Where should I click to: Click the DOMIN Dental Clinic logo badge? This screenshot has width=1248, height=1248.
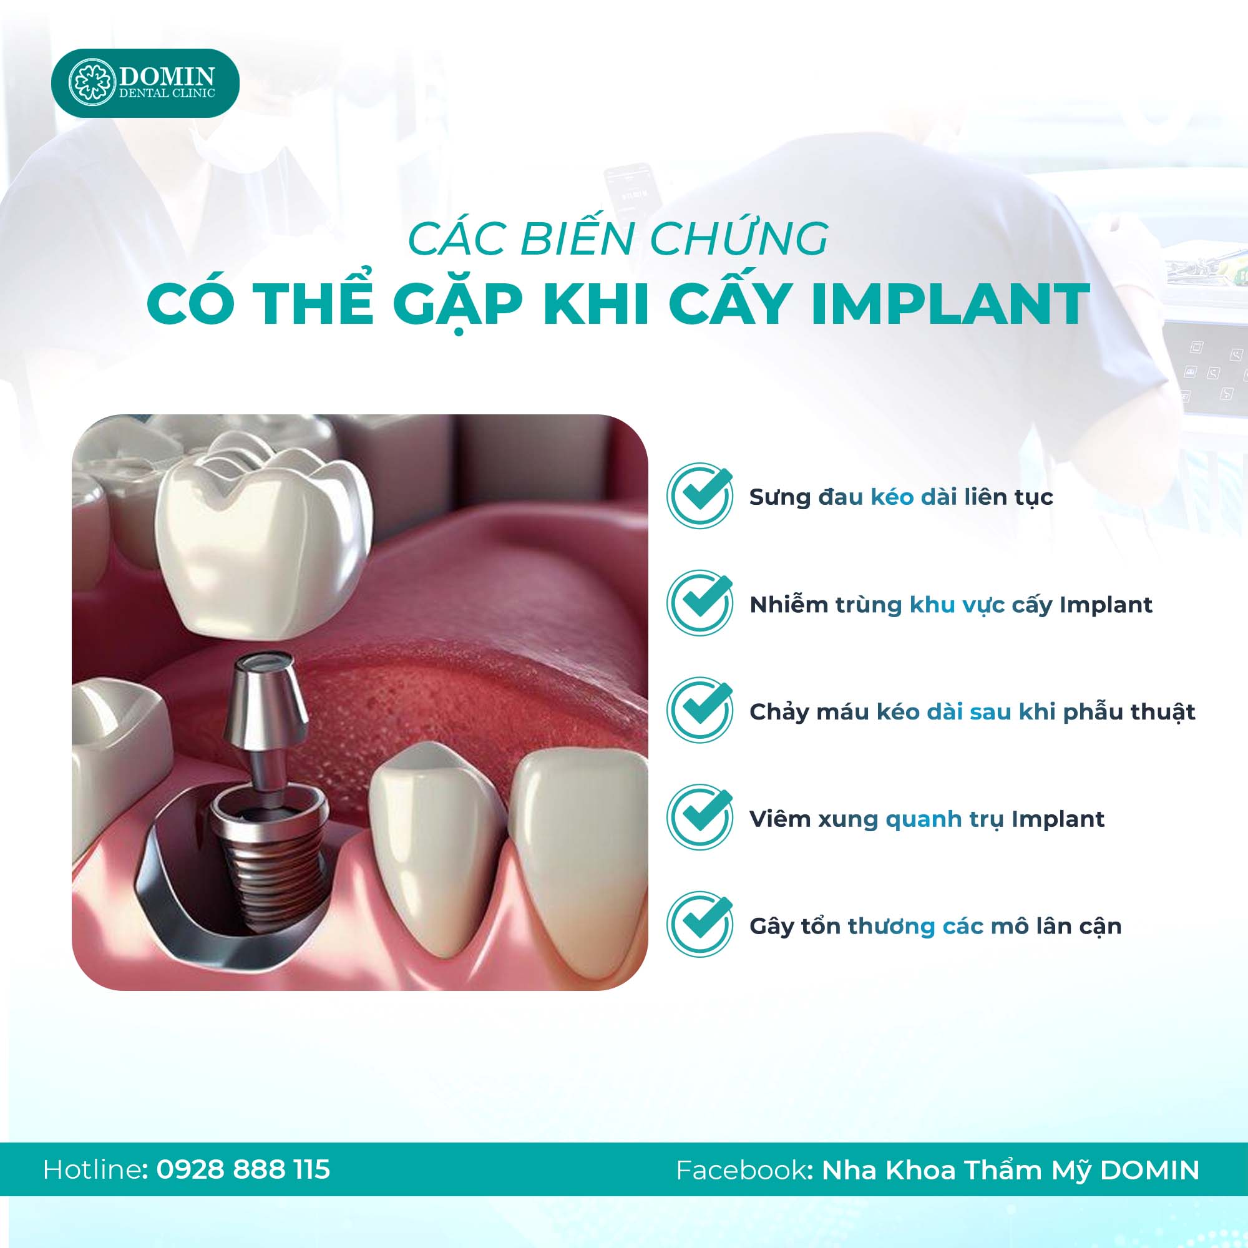pyautogui.click(x=145, y=83)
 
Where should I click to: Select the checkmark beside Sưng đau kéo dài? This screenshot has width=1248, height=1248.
pyautogui.click(x=700, y=495)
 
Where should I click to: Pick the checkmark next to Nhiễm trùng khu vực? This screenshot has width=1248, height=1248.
pyautogui.click(x=700, y=603)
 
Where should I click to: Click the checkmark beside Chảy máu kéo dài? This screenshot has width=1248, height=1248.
pyautogui.click(x=700, y=710)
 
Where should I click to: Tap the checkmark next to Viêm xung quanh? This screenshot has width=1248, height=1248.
pyautogui.click(x=700, y=817)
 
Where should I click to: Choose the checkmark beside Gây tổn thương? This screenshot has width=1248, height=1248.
pyautogui.click(x=700, y=924)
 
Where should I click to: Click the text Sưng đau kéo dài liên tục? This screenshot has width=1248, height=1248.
pyautogui.click(x=901, y=497)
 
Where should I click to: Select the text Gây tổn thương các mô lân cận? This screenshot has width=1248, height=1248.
pyautogui.click(x=935, y=926)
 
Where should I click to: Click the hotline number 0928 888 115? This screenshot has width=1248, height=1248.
pyautogui.click(x=243, y=1169)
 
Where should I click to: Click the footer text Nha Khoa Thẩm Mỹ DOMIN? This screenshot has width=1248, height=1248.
pyautogui.click(x=1010, y=1171)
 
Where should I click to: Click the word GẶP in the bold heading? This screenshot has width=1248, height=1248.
pyautogui.click(x=458, y=305)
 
